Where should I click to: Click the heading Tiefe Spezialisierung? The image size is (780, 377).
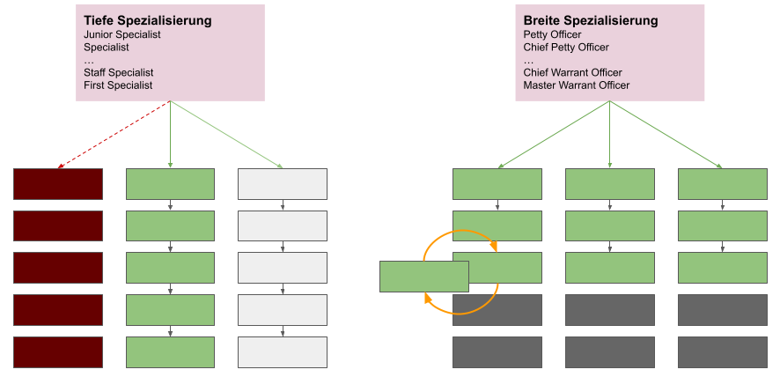click(x=148, y=20)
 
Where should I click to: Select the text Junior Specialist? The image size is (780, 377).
click(x=122, y=34)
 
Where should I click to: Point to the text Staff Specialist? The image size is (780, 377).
click(x=119, y=72)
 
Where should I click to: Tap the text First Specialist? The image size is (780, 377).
click(x=118, y=85)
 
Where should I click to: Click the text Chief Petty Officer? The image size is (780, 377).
click(x=566, y=48)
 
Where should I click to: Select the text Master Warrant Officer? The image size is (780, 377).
click(x=577, y=85)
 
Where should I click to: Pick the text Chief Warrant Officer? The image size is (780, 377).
click(x=572, y=72)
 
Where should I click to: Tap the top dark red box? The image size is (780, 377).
click(x=58, y=183)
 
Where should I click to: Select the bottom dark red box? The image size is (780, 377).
click(x=58, y=352)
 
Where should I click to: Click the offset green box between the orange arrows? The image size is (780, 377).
click(x=423, y=276)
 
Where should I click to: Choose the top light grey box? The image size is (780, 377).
click(x=283, y=183)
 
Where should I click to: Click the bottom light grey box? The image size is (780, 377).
click(x=283, y=352)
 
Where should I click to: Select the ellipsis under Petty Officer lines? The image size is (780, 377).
click(x=528, y=61)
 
